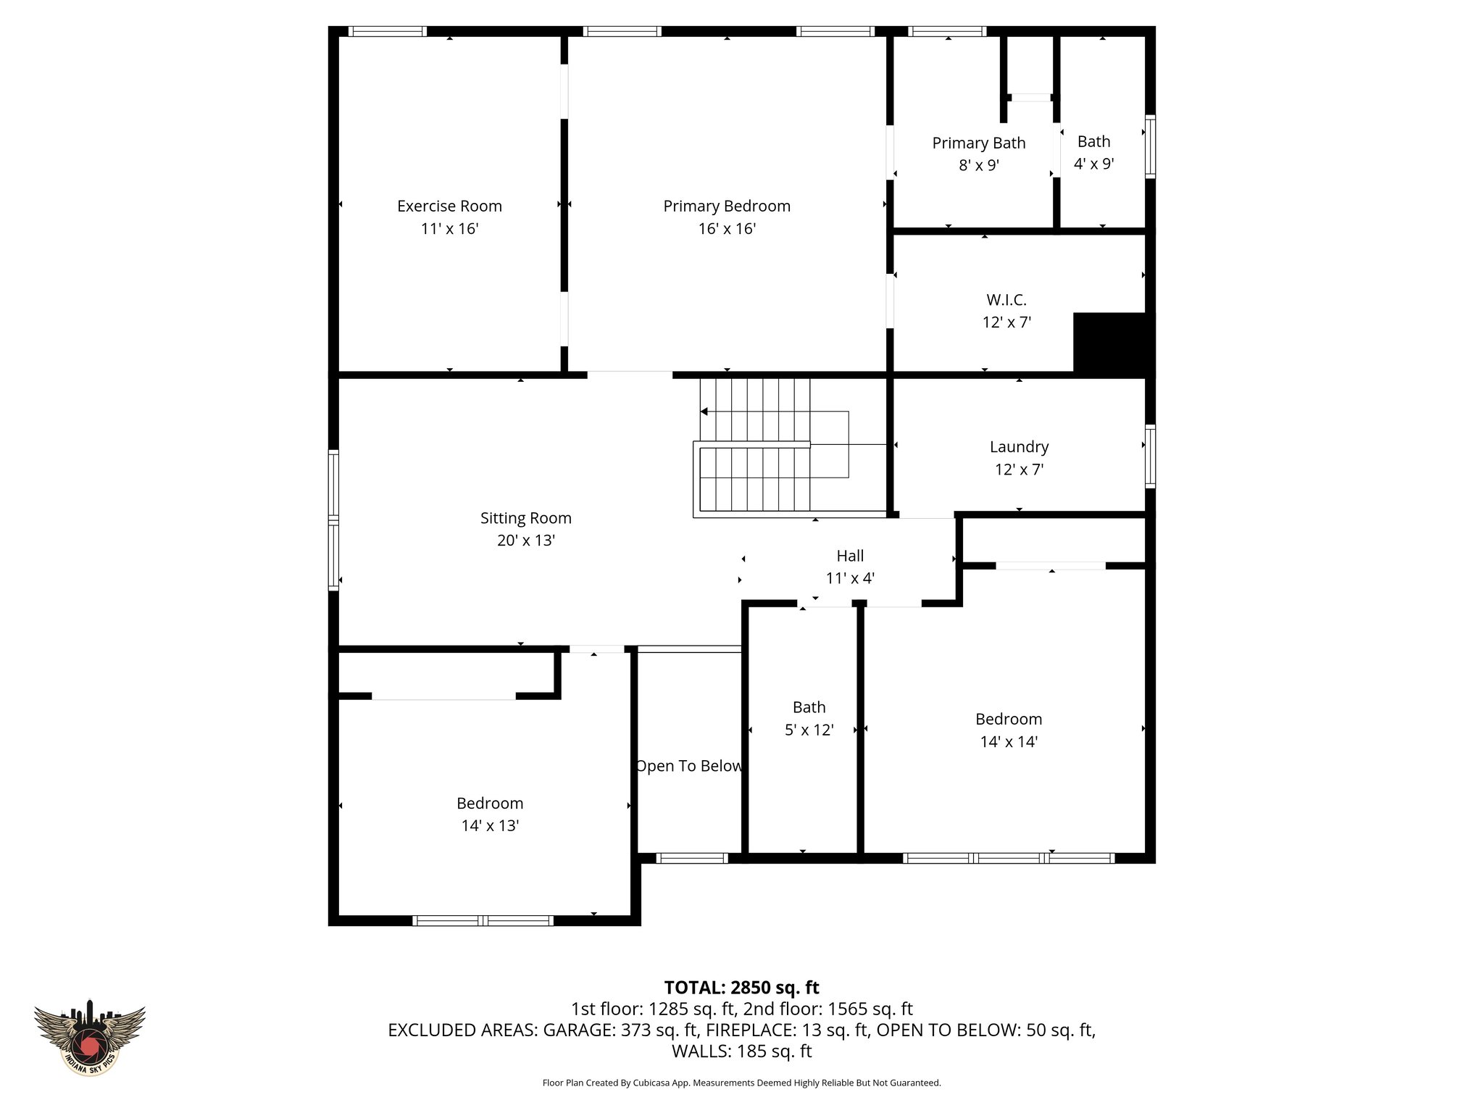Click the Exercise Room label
(x=449, y=206)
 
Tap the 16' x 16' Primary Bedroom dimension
(x=727, y=229)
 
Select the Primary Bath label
(x=978, y=143)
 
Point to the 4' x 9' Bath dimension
(x=1093, y=164)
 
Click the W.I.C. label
(x=1006, y=299)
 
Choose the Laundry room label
(x=1019, y=446)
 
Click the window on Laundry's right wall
(x=1150, y=456)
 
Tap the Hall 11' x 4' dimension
(x=850, y=578)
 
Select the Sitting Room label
(x=525, y=518)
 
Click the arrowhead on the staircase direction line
(x=704, y=412)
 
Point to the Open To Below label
(x=688, y=766)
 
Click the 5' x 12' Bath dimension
(x=809, y=730)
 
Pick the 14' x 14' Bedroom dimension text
(x=1009, y=741)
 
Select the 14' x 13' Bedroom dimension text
(x=490, y=825)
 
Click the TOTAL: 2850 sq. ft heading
(x=741, y=988)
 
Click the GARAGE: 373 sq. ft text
(x=620, y=1030)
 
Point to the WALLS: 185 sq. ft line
(x=741, y=1051)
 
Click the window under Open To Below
(x=692, y=858)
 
